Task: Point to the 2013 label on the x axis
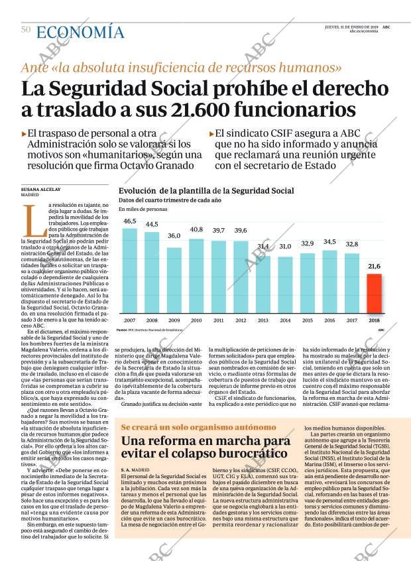[x=263, y=320]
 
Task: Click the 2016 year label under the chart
[x=329, y=320]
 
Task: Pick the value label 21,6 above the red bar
[x=374, y=266]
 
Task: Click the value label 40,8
[x=196, y=229]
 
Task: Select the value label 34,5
[x=329, y=241]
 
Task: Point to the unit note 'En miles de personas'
[x=143, y=210]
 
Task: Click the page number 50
[x=25, y=29]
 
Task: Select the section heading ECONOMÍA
[x=80, y=31]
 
